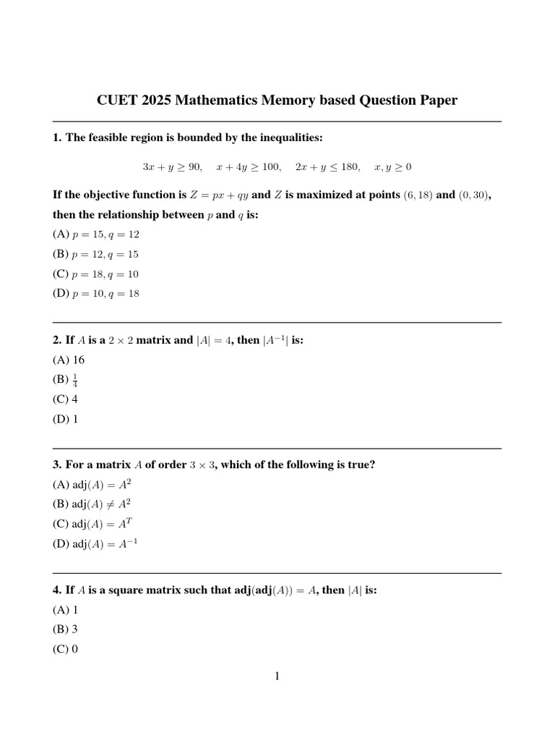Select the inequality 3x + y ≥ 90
(173, 167)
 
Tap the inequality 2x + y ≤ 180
(327, 167)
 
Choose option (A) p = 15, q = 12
(96, 234)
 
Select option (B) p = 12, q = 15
(96, 254)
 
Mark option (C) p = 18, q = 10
(96, 274)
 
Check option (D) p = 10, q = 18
(96, 294)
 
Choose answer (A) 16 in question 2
(69, 360)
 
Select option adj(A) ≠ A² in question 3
(92, 504)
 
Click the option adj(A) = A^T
(92, 524)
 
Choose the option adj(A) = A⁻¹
(95, 543)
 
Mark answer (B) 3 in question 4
(66, 630)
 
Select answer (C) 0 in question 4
(66, 649)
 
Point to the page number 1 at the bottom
(277, 677)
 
